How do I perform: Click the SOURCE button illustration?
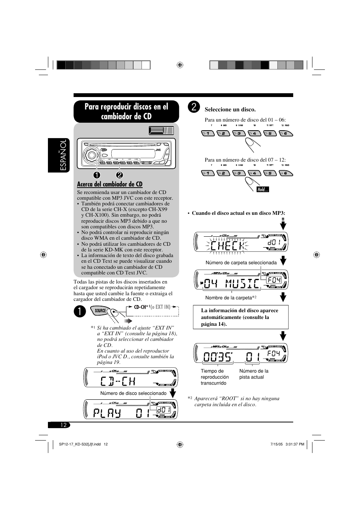101,311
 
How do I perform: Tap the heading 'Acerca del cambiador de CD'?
110,184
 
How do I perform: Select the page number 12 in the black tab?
63,425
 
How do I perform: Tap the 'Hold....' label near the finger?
263,190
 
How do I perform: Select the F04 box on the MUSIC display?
274,280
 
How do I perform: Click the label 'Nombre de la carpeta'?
229,298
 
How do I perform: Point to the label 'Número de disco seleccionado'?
133,393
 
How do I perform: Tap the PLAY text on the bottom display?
108,413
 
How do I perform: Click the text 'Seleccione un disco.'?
230,110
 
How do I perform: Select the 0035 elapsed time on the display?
217,357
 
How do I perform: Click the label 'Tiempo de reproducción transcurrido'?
215,377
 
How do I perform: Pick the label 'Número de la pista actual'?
254,374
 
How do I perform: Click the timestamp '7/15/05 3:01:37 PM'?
287,444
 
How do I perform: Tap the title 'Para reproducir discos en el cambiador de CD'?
126,111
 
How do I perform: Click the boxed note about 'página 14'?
241,317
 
